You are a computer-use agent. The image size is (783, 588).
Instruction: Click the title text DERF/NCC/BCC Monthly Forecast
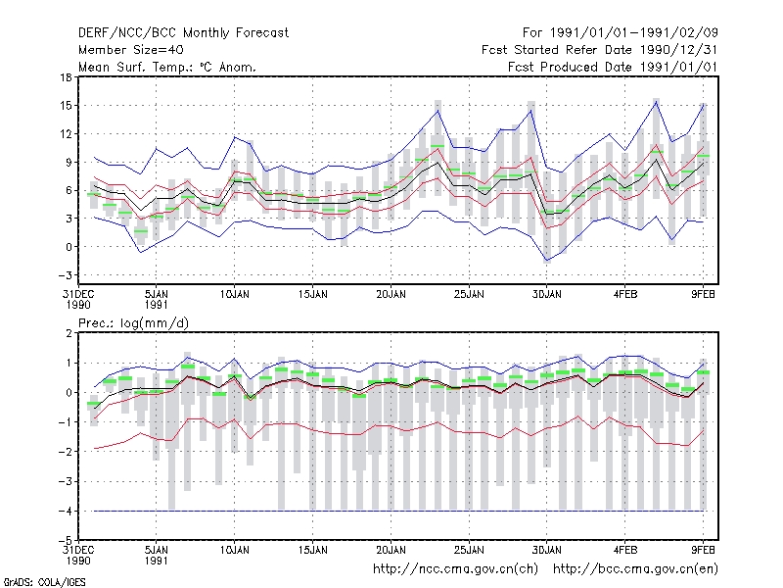pyautogui.click(x=183, y=33)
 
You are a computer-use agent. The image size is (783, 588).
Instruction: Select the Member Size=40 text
pyautogui.click(x=131, y=50)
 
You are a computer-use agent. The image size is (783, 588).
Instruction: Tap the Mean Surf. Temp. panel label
pyautogui.click(x=166, y=67)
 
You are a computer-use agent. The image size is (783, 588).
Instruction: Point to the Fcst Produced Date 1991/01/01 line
pyautogui.click(x=613, y=67)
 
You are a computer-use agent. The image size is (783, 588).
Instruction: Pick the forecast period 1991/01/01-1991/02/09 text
pyautogui.click(x=621, y=33)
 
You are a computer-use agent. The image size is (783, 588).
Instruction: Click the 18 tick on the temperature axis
pyautogui.click(x=66, y=77)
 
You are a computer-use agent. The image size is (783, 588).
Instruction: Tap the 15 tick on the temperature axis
pyautogui.click(x=66, y=106)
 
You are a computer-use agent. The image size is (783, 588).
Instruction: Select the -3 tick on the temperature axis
pyautogui.click(x=65, y=275)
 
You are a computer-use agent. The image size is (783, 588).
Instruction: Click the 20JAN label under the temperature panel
pyautogui.click(x=391, y=294)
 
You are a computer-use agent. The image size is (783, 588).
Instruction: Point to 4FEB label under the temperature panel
pyautogui.click(x=625, y=294)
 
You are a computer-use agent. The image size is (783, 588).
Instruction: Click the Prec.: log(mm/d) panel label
pyautogui.click(x=133, y=323)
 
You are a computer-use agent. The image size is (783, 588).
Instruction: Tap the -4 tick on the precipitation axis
pyautogui.click(x=65, y=511)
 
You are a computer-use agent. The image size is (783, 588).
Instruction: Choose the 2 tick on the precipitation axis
pyautogui.click(x=69, y=333)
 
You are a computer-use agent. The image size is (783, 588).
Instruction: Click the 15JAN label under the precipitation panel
pyautogui.click(x=313, y=550)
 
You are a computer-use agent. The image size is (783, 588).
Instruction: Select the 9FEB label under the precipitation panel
pyautogui.click(x=703, y=550)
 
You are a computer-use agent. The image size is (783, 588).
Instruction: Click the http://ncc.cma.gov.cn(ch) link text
pyautogui.click(x=455, y=569)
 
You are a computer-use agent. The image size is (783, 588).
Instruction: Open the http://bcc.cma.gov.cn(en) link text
pyautogui.click(x=635, y=569)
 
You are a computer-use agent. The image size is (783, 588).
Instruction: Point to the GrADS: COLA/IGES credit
pyautogui.click(x=44, y=582)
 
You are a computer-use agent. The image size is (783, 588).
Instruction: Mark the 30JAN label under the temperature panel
pyautogui.click(x=547, y=294)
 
